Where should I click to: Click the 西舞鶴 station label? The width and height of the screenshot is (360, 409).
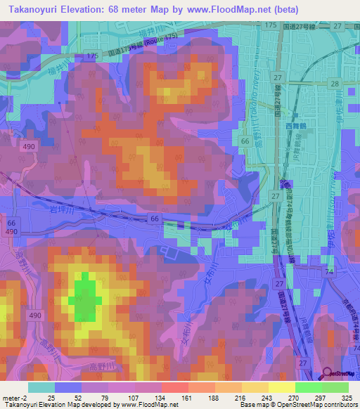[x=297, y=126]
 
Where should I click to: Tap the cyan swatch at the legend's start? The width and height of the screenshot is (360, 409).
[x=41, y=387]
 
